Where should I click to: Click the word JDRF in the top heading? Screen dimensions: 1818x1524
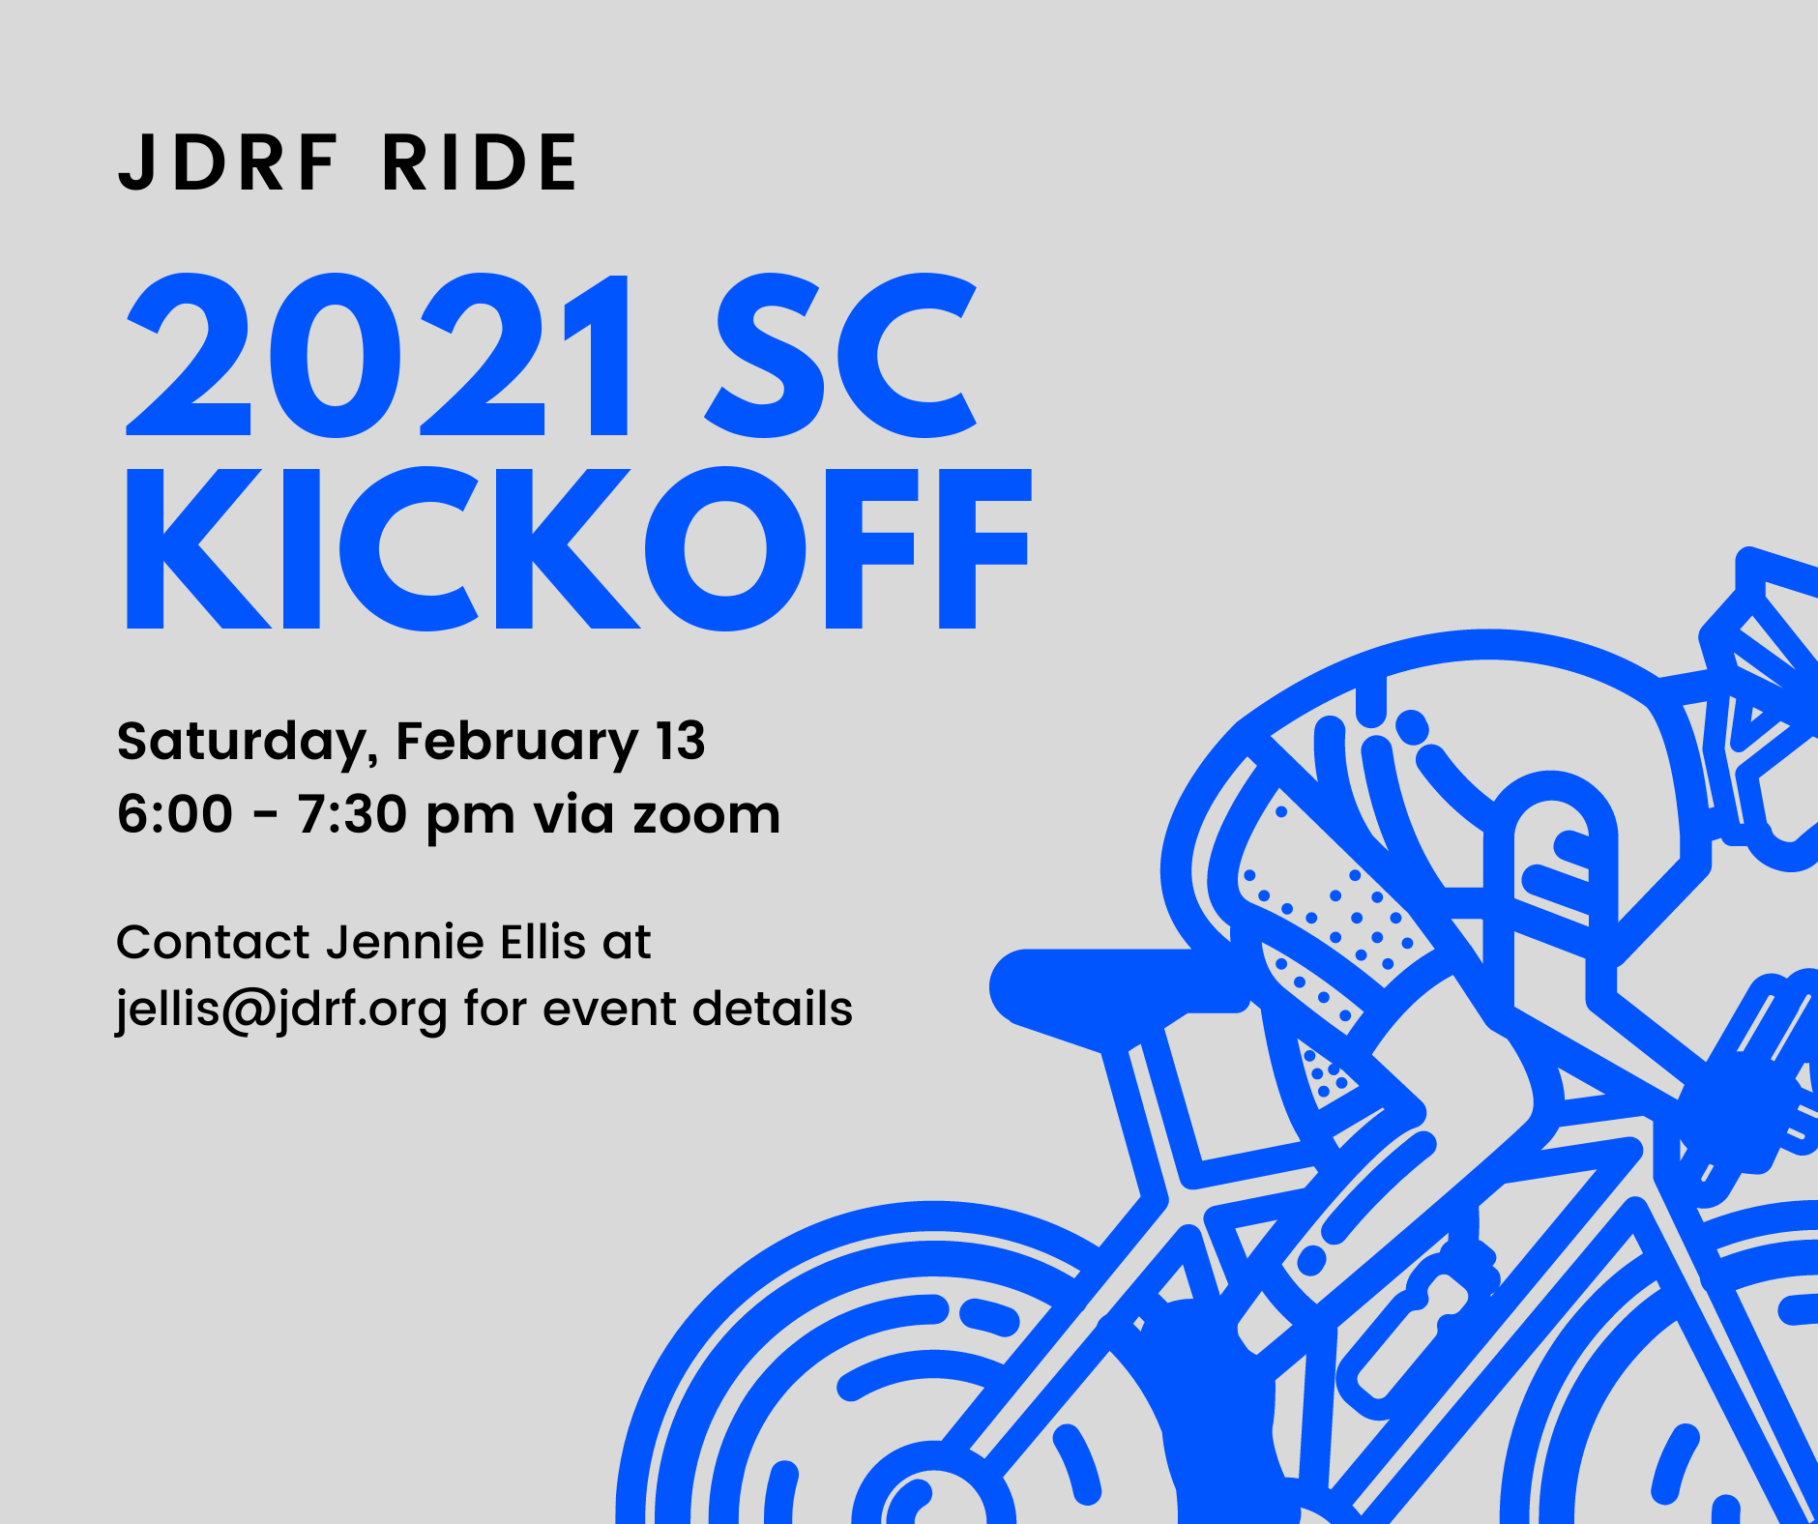point(227,162)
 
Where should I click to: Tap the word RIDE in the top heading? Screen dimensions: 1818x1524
point(480,162)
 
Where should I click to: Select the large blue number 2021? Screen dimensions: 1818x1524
point(378,356)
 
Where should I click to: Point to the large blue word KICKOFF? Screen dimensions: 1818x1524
point(578,548)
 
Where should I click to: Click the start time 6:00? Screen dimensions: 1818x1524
point(175,814)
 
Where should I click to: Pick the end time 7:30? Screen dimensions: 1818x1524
point(352,814)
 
